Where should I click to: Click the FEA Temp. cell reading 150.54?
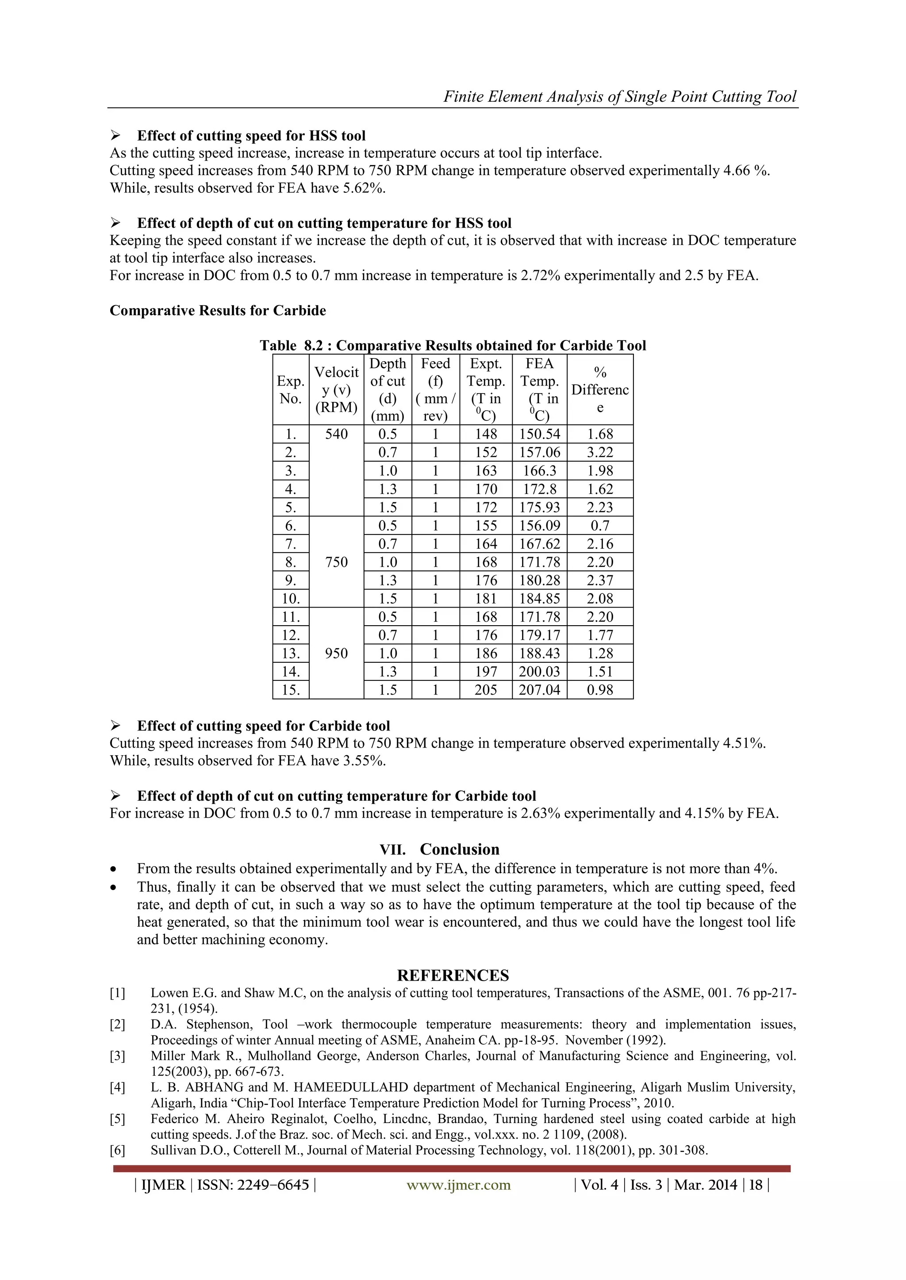539,434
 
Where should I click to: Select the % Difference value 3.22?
600,453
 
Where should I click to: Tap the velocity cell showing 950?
336,653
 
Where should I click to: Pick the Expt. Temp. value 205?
485,690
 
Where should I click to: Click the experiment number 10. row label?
291,599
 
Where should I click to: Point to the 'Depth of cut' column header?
387,390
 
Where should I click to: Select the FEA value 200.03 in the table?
539,672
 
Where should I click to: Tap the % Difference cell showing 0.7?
600,526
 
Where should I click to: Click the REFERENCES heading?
453,975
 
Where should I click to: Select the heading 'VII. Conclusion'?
440,849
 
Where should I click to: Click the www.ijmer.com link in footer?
459,1184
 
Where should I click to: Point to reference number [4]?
117,1087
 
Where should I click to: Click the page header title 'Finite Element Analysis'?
619,96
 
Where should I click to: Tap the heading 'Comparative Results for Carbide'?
218,310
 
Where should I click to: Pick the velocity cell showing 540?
336,434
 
